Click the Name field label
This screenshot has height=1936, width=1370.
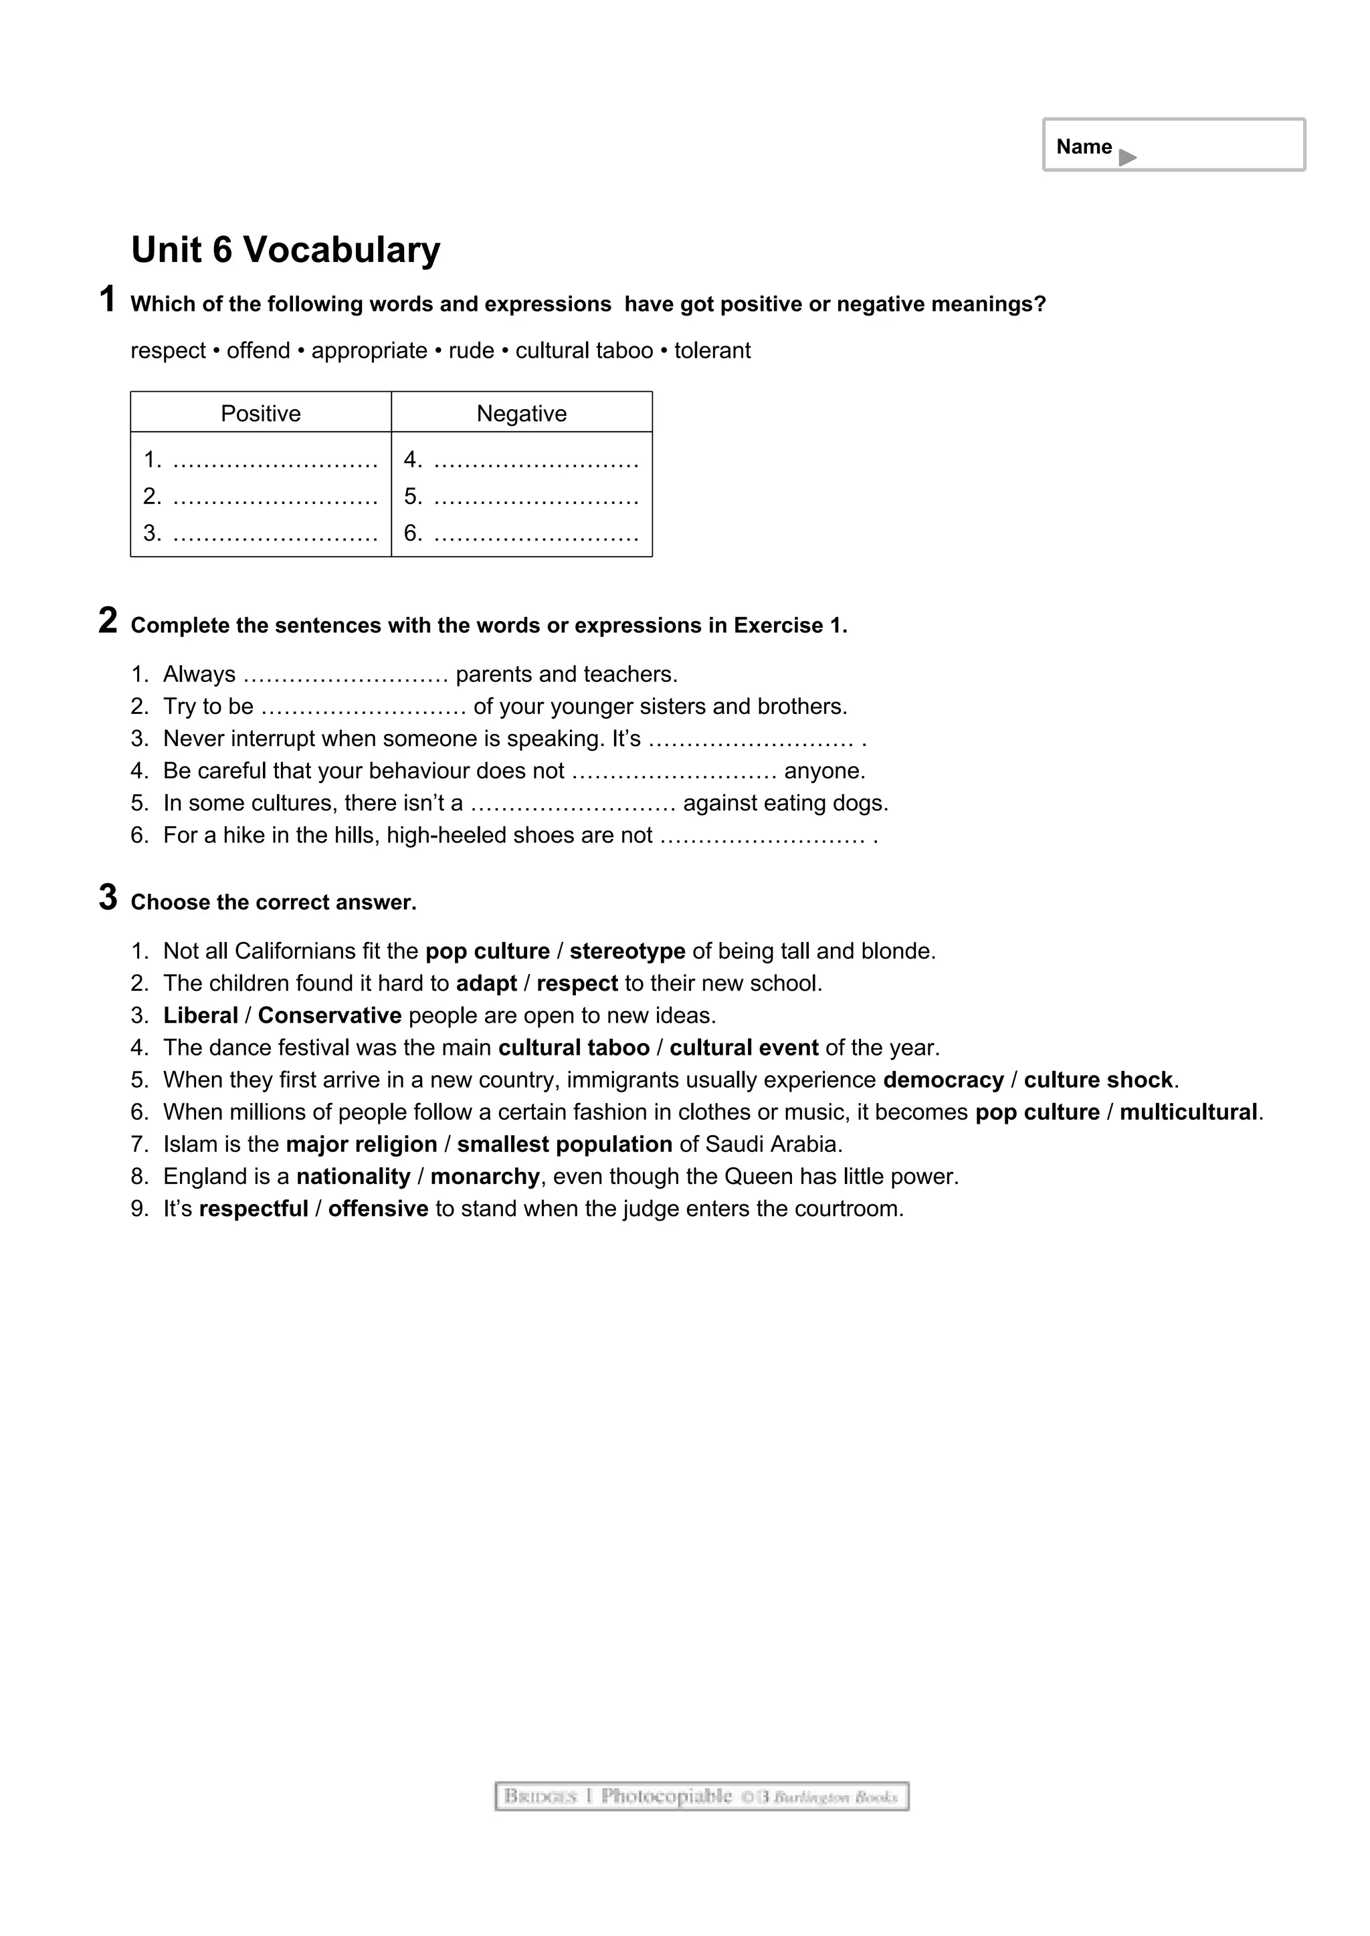1083,146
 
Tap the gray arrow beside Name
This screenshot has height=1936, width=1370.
1127,157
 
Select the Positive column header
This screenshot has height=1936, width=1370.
261,413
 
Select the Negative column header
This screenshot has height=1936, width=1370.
521,413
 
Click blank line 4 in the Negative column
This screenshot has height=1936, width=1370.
536,461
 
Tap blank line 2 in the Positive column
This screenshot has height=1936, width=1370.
275,497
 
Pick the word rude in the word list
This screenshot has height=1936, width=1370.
471,351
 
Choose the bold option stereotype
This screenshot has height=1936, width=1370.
627,951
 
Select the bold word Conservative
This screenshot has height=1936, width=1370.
329,1015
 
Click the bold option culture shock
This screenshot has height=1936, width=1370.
1098,1080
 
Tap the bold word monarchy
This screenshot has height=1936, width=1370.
484,1177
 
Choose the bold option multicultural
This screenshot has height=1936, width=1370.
1188,1112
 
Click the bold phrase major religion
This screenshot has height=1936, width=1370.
361,1144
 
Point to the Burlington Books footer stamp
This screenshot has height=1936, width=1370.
701,1797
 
